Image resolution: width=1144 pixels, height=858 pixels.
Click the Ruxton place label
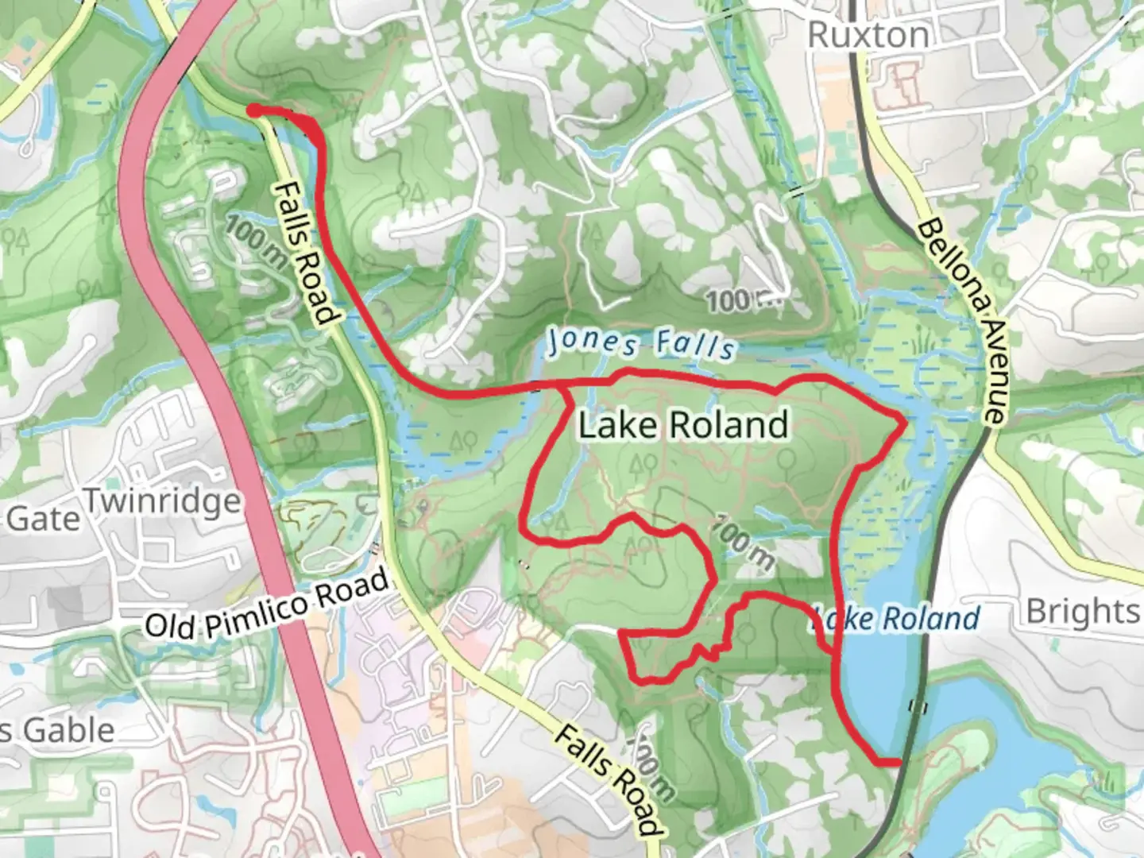[868, 35]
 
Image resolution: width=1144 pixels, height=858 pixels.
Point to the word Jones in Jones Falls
[593, 342]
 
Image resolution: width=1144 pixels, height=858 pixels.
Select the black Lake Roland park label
[682, 424]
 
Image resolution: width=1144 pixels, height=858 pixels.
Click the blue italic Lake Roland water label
[895, 618]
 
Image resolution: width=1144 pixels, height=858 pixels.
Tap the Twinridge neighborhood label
[162, 502]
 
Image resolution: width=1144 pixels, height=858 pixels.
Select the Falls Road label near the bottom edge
[608, 779]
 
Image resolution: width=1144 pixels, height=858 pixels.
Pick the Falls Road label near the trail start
[305, 253]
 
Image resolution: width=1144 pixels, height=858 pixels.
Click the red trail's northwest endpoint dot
[252, 110]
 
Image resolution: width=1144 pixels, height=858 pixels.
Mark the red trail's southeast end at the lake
[896, 763]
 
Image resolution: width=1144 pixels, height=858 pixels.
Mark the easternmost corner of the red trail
[904, 422]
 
